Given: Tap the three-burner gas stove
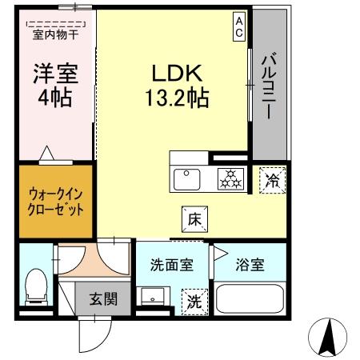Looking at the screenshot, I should pyautogui.click(x=231, y=179).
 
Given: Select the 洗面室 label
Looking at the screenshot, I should pyautogui.click(x=171, y=266).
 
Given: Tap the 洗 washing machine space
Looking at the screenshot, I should pyautogui.click(x=194, y=302).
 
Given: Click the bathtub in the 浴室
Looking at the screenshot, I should pyautogui.click(x=250, y=301).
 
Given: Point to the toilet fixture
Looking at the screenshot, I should pyautogui.click(x=35, y=287).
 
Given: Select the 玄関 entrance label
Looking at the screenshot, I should pyautogui.click(x=102, y=300).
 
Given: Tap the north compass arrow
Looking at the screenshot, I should pyautogui.click(x=326, y=338).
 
